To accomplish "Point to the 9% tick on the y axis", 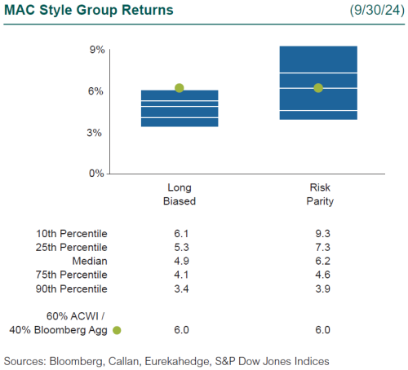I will tap(96, 50).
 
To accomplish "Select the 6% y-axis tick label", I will tap(96, 91).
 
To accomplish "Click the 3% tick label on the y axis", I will tap(96, 132).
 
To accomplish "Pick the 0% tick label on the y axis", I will tap(96, 174).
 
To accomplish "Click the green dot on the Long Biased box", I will tap(180, 88).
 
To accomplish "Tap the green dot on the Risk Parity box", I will tap(318, 88).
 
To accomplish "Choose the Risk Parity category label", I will tap(318, 194).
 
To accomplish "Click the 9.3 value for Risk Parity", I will tap(318, 233).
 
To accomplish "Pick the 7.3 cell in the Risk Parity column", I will tap(318, 247).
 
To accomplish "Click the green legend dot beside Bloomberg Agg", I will tap(117, 330).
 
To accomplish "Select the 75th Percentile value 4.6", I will tap(318, 275).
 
